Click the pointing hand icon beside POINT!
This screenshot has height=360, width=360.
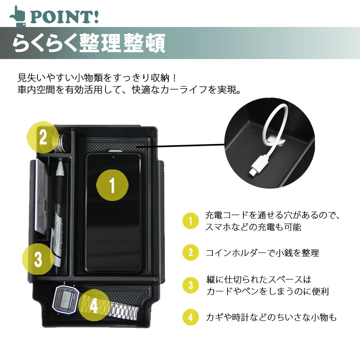[x=17, y=15]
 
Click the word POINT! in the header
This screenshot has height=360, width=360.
[x=65, y=17]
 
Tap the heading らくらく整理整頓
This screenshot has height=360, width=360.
[x=89, y=43]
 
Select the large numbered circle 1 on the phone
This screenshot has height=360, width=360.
[x=112, y=185]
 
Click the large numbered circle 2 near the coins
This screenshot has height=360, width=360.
[x=43, y=137]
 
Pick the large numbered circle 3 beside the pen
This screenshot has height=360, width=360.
[x=38, y=259]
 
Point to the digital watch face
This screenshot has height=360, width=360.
[x=66, y=300]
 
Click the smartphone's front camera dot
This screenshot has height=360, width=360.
[x=113, y=157]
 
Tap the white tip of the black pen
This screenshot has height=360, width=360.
[x=60, y=168]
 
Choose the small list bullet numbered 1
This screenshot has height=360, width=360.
[x=190, y=221]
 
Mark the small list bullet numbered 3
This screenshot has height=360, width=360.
[x=190, y=285]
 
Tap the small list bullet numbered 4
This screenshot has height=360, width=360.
[x=190, y=317]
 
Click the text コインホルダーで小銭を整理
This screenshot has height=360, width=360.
[x=262, y=253]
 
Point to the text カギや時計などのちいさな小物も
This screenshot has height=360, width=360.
[x=271, y=317]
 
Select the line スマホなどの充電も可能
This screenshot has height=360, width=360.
[x=253, y=227]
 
